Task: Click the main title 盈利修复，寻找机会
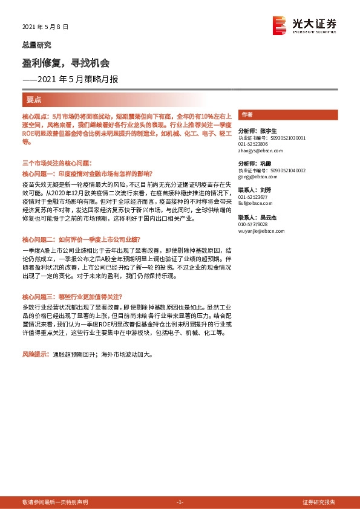[66, 63]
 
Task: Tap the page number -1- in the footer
[179, 502]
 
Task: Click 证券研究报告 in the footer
[319, 502]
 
